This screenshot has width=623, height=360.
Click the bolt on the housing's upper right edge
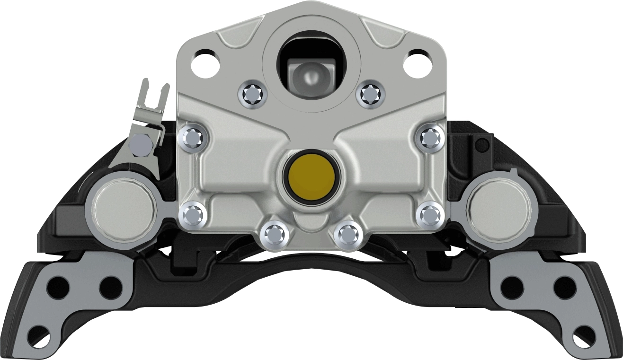pos(430,137)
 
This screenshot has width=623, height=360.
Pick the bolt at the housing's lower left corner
pos(194,215)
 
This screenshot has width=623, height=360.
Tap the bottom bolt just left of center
pos(274,233)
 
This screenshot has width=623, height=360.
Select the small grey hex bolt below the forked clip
pos(141,145)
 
